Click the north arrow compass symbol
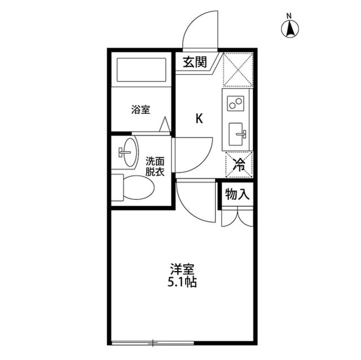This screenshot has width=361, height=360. [x=290, y=28]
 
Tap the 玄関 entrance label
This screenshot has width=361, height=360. [x=195, y=62]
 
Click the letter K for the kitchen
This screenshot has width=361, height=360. [x=199, y=118]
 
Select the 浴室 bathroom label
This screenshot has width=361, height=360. [x=140, y=109]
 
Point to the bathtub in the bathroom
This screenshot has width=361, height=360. [x=140, y=71]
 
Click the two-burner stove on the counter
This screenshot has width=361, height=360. [x=236, y=104]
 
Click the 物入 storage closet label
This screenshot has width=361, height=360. [x=237, y=195]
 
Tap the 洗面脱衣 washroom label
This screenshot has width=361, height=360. [x=154, y=166]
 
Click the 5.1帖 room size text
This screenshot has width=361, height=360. [x=182, y=282]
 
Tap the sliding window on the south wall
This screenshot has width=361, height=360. [x=153, y=341]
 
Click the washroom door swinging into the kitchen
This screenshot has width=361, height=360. [x=193, y=154]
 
